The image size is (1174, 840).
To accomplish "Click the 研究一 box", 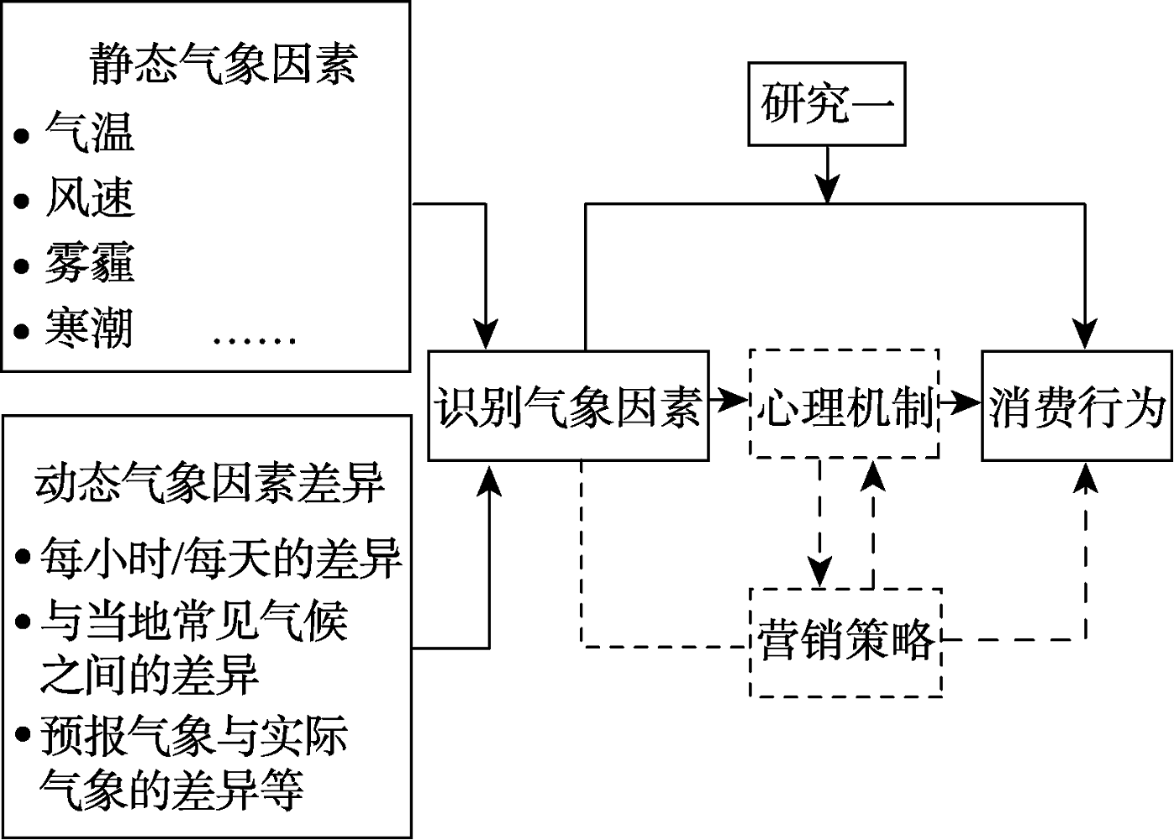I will click(x=827, y=104).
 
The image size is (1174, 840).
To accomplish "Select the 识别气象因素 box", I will click(x=568, y=406).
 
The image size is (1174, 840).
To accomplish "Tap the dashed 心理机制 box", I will click(x=844, y=404).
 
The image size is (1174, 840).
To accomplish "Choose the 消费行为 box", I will click(x=1077, y=406).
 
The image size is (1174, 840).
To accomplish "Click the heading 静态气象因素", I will click(x=224, y=64).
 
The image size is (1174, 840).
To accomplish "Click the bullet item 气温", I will click(x=89, y=133).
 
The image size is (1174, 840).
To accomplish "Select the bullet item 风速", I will click(x=89, y=198).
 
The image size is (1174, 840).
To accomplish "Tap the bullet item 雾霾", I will click(x=89, y=262).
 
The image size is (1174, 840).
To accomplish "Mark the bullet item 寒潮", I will click(x=89, y=328).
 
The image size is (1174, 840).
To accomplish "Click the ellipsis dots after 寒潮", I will click(x=254, y=340).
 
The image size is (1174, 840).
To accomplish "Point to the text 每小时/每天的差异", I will click(x=220, y=558).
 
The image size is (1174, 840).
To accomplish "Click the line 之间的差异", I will click(x=149, y=675).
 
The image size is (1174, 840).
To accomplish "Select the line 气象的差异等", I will click(x=171, y=790).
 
